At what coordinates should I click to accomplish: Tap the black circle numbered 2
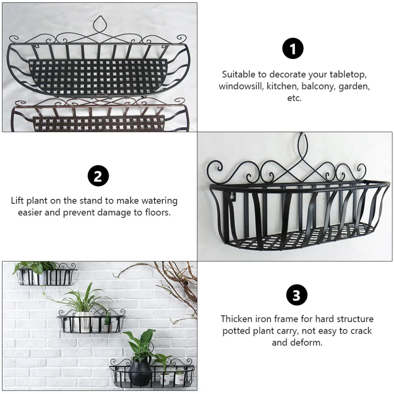[98, 176]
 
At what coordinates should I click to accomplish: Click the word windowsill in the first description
[241, 86]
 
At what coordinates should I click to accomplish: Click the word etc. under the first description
[294, 98]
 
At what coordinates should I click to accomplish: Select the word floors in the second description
[156, 213]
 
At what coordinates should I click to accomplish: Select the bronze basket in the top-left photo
[98, 116]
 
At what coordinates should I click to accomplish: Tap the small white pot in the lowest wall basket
[165, 379]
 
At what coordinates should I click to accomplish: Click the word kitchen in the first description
[281, 86]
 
